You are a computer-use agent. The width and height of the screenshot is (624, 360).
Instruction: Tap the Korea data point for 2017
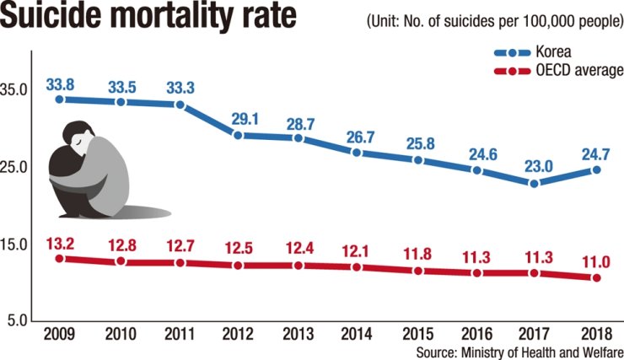535,183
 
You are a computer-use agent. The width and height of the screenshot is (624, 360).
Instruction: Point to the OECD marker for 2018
596,277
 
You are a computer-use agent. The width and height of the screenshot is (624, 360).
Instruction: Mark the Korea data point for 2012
239,135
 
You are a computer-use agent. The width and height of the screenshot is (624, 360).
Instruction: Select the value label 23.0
535,167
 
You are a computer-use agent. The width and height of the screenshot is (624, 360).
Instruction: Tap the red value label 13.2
60,244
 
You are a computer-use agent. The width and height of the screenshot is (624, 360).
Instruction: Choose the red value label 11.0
595,261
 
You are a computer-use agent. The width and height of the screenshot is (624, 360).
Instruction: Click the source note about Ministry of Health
517,351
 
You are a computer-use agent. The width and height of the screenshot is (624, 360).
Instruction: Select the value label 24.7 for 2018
595,154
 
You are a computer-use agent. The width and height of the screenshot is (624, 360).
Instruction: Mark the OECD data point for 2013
299,266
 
